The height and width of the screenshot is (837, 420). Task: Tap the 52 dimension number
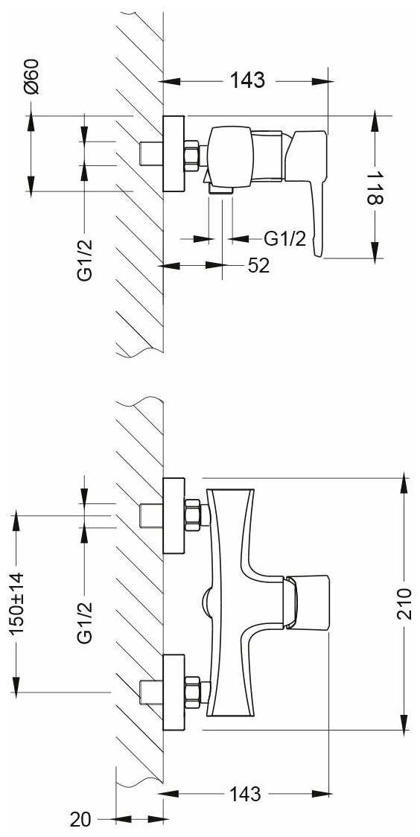[258, 266]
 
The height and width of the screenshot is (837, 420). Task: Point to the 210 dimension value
[404, 604]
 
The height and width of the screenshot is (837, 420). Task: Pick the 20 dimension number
[80, 818]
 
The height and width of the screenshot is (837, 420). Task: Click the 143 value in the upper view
[247, 80]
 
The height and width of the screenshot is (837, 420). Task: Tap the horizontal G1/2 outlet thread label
[285, 238]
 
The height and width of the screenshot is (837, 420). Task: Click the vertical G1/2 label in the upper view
[84, 259]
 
